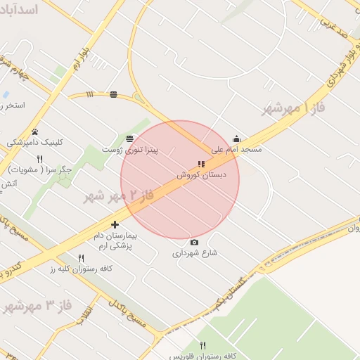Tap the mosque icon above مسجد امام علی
[x=236, y=139]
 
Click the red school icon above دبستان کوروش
[x=202, y=164]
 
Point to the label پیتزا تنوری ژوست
[x=130, y=150]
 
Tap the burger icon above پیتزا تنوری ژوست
[x=130, y=139]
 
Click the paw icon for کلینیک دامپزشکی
[x=35, y=131]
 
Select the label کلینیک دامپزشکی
[x=35, y=142]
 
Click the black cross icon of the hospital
[x=115, y=225]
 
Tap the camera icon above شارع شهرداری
[x=195, y=243]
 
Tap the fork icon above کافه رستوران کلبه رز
[x=81, y=258]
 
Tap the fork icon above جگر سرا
[x=40, y=159]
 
